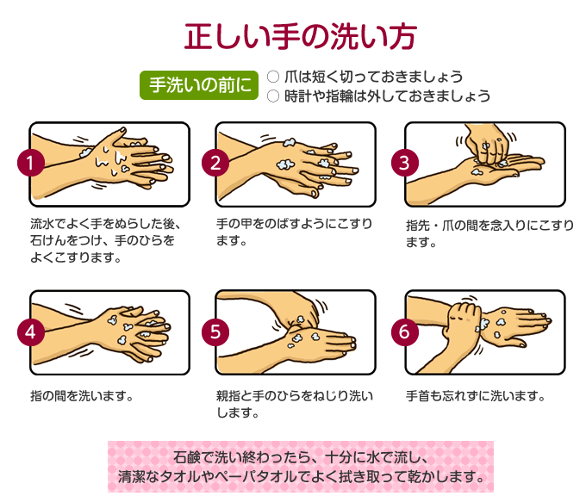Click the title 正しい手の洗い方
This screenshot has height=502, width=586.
[301, 36]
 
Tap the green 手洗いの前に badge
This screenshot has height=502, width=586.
[199, 85]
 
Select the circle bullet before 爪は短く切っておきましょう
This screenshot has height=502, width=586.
[273, 77]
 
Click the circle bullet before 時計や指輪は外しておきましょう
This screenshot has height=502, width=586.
[273, 96]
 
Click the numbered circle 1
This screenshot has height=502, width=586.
[31, 163]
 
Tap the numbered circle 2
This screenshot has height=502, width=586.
[215, 163]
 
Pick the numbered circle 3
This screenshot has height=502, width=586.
[405, 163]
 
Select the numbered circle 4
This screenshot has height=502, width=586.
[31, 332]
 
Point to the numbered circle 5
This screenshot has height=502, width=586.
[215, 332]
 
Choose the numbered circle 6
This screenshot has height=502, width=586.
[405, 332]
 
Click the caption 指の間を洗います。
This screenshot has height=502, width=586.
[82, 395]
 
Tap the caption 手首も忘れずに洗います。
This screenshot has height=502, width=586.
[476, 395]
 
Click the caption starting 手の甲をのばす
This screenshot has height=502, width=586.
[294, 232]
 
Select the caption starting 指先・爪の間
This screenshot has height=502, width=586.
[489, 233]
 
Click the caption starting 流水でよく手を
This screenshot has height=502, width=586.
[105, 241]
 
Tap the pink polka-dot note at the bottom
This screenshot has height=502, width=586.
[301, 467]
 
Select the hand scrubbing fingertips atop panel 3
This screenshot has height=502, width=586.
[486, 144]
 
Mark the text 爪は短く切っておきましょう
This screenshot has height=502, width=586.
[374, 77]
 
